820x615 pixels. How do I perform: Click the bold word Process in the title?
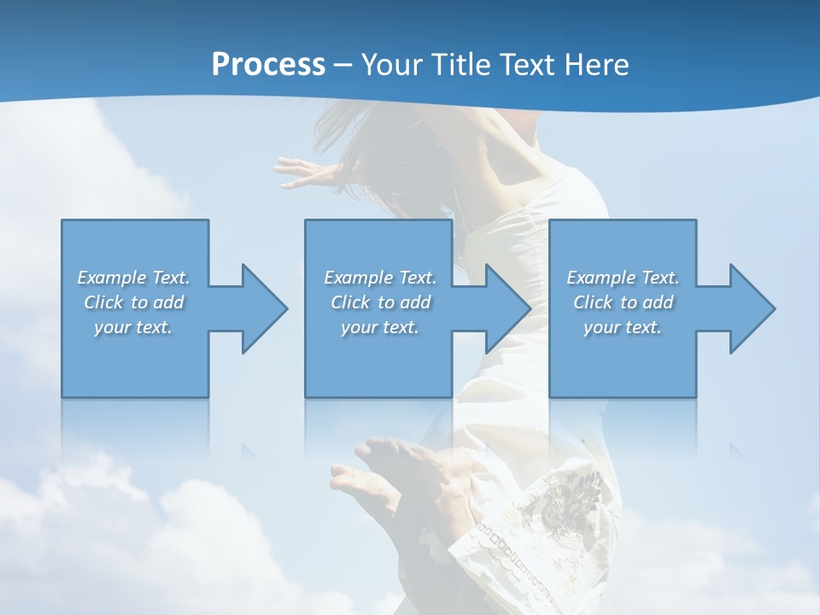(268, 65)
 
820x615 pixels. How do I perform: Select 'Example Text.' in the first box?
(133, 278)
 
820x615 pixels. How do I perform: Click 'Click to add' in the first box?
(133, 302)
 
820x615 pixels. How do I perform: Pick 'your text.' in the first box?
(133, 327)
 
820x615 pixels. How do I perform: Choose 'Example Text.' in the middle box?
(380, 278)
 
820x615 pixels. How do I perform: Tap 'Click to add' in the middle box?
(380, 302)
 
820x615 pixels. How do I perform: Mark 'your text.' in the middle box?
(380, 327)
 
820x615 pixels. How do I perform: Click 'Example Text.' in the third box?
(623, 278)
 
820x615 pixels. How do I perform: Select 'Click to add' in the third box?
(623, 302)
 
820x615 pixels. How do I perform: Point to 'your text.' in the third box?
(623, 327)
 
